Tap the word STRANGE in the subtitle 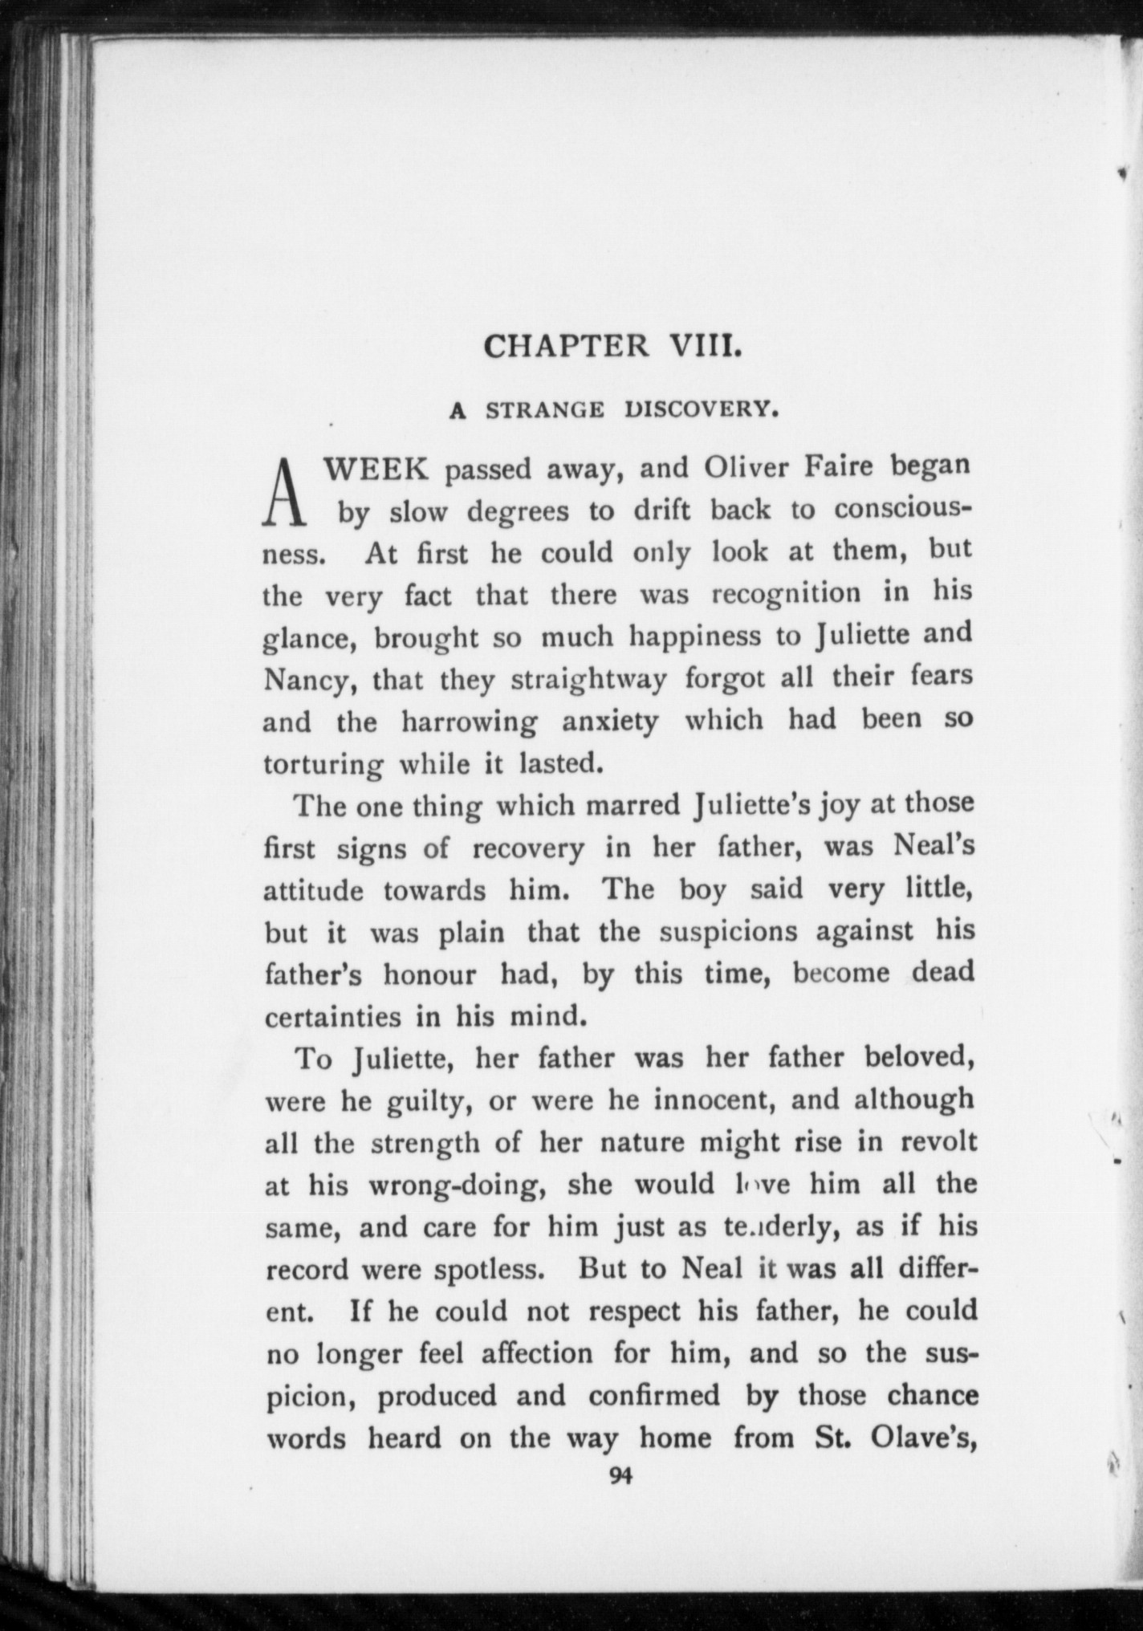coord(546,411)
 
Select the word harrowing coord(470,722)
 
